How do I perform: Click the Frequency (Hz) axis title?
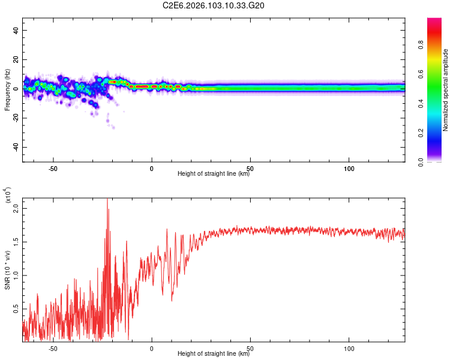coord(8,89)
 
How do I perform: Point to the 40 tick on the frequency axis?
coord(16,31)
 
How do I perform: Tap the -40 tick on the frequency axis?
coord(16,147)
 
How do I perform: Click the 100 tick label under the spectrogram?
coord(349,167)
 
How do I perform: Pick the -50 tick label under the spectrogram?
coord(53,167)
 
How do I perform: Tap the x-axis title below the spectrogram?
coord(214,174)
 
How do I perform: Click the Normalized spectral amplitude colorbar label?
coord(446,90)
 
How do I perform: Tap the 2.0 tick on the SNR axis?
coord(16,208)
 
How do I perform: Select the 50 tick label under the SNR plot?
coord(250,347)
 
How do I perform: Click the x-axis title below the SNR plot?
coord(214,354)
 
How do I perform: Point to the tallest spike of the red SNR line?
coord(107,200)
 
